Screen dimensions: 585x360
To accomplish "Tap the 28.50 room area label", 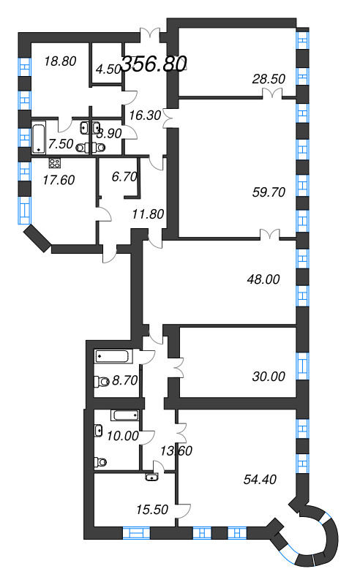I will click(x=267, y=78).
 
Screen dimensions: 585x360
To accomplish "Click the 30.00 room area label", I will click(x=267, y=377).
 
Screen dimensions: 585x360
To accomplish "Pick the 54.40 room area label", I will click(x=260, y=480).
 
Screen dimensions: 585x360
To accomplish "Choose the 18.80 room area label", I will click(x=59, y=61).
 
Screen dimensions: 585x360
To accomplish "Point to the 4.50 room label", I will click(x=108, y=69).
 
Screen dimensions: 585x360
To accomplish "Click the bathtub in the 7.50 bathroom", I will click(x=39, y=137).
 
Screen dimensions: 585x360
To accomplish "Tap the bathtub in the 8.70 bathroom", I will click(x=113, y=357).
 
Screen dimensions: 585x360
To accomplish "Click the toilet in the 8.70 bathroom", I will click(x=101, y=380).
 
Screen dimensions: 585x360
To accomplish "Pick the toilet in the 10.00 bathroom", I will click(x=100, y=461).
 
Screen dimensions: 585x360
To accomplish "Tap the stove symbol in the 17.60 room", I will click(x=54, y=163).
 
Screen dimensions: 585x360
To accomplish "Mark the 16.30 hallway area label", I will click(x=139, y=114).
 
